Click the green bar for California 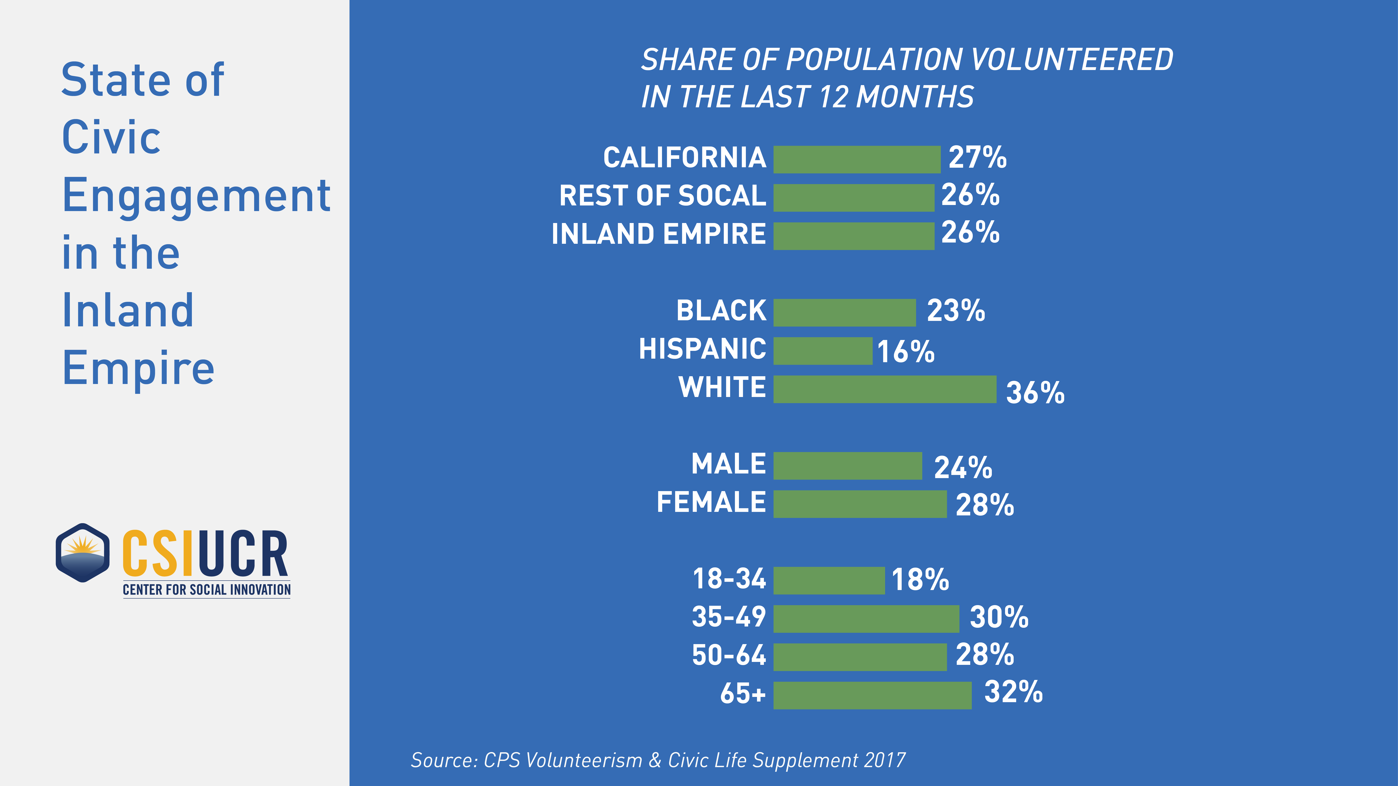tap(856, 160)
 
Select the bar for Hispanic tap(823, 351)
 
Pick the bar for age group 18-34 tap(829, 580)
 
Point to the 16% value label tap(906, 351)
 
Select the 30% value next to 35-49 tap(999, 617)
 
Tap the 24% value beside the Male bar tap(963, 468)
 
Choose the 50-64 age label tap(728, 655)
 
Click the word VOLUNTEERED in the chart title tap(1072, 60)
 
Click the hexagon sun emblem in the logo tap(82, 553)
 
